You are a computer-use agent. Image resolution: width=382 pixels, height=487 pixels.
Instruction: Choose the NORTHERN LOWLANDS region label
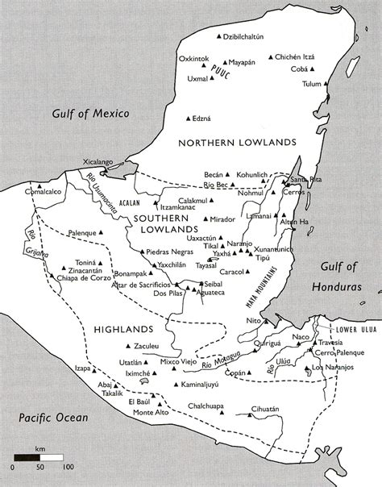(237, 142)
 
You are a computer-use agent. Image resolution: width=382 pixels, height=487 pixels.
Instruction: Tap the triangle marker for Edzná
(187, 118)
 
